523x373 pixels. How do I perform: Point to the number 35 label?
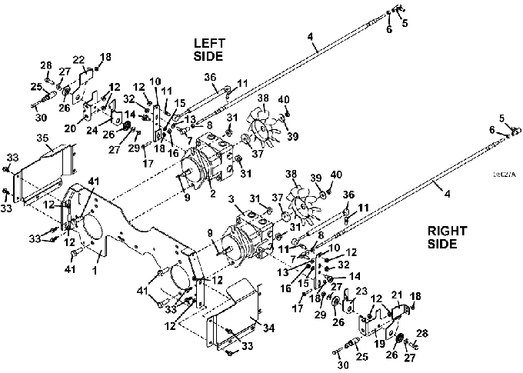pyautogui.click(x=44, y=139)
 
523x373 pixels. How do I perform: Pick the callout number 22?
pyautogui.click(x=78, y=61)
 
